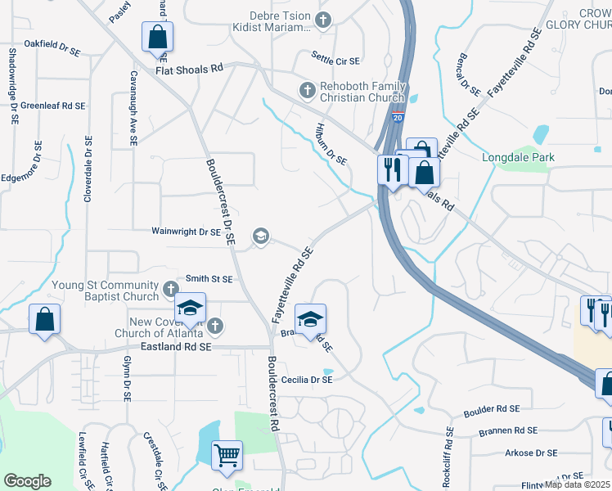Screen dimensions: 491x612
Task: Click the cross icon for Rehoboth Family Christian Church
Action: point(307,89)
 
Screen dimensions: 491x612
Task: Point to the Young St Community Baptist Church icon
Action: point(170,289)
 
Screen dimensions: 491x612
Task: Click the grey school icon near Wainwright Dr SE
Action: point(260,236)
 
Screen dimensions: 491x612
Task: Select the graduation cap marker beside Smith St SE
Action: point(190,309)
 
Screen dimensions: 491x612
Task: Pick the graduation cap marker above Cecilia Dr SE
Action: point(310,320)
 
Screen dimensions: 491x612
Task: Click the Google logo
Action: point(27,480)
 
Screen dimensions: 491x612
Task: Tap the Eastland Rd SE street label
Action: point(176,347)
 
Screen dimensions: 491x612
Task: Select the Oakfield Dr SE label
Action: point(52,43)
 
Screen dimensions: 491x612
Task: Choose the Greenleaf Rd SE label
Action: point(53,106)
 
